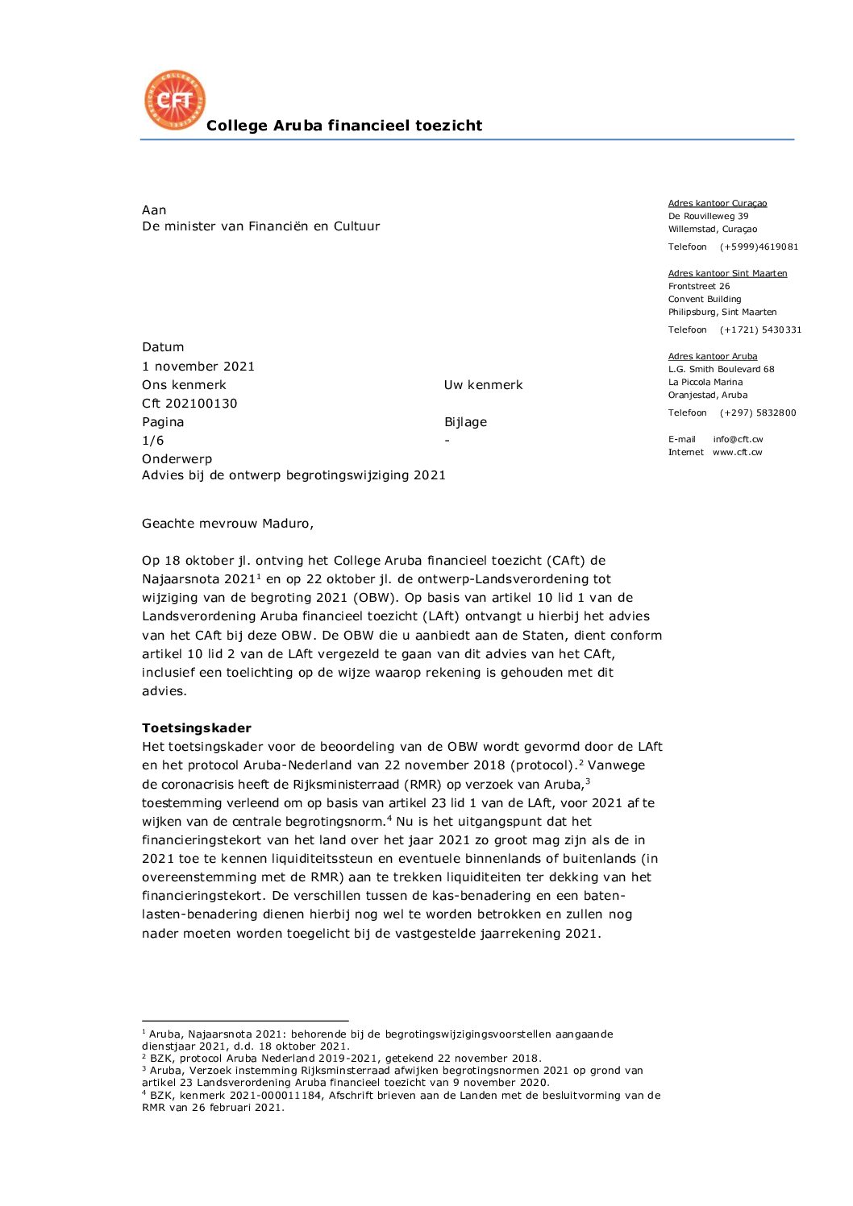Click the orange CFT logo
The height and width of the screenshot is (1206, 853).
point(175,100)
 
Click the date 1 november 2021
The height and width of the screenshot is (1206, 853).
point(198,367)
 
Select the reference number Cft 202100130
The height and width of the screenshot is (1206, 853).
point(189,404)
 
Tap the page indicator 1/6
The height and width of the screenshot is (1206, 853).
point(153,441)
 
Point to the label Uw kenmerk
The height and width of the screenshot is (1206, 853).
point(483,385)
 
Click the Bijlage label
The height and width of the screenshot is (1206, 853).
point(465,422)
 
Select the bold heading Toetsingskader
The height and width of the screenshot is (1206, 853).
point(197,728)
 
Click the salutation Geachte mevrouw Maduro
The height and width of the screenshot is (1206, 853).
point(227,524)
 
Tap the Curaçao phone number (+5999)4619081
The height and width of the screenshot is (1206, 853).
point(759,247)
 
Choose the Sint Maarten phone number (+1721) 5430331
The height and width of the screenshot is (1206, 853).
point(760,330)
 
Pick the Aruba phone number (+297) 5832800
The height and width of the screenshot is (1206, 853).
point(758,413)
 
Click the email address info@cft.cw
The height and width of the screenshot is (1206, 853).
point(738,440)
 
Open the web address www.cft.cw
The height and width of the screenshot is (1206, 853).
point(737,453)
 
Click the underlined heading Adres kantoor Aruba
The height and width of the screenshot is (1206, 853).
point(713,357)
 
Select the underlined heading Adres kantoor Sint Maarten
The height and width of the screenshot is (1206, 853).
point(727,274)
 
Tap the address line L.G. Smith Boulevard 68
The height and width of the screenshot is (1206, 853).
point(721,370)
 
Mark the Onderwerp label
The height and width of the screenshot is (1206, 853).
point(177,459)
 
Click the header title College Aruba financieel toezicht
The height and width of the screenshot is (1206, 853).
point(344,126)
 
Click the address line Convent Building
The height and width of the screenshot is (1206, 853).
point(705,300)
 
